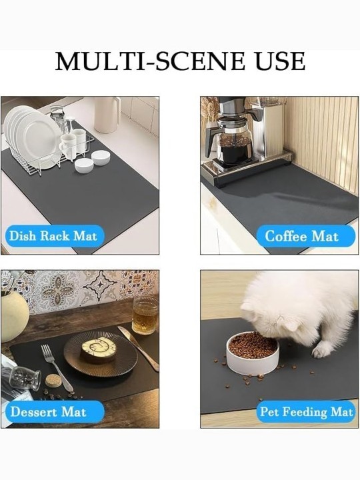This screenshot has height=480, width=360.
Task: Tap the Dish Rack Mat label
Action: [x=53, y=236]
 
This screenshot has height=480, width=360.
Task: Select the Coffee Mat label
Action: [x=302, y=236]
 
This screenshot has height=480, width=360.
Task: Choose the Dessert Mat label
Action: [x=49, y=412]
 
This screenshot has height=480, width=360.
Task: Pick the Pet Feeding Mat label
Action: [x=306, y=412]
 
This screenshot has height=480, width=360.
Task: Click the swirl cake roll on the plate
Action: [x=98, y=349]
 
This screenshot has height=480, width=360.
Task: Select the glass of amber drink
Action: [x=145, y=315]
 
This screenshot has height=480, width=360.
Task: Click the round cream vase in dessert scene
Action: [x=14, y=316]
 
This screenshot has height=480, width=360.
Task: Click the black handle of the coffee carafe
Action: [x=211, y=141]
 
